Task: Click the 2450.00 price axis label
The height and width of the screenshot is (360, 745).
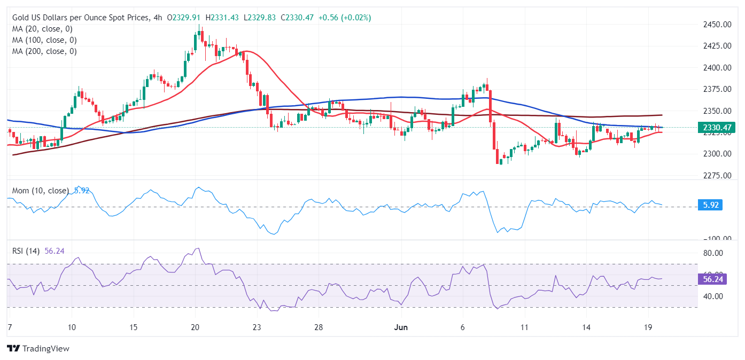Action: [717, 24]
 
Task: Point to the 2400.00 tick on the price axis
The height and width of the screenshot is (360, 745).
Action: [717, 67]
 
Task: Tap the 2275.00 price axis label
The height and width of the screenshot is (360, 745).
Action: [717, 175]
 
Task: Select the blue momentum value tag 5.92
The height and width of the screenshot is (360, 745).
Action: [710, 205]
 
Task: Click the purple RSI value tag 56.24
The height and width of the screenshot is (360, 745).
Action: [712, 279]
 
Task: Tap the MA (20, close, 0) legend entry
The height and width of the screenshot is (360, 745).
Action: [42, 29]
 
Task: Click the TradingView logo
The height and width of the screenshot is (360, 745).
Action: [38, 348]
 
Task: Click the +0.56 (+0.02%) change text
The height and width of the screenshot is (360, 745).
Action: [344, 18]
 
